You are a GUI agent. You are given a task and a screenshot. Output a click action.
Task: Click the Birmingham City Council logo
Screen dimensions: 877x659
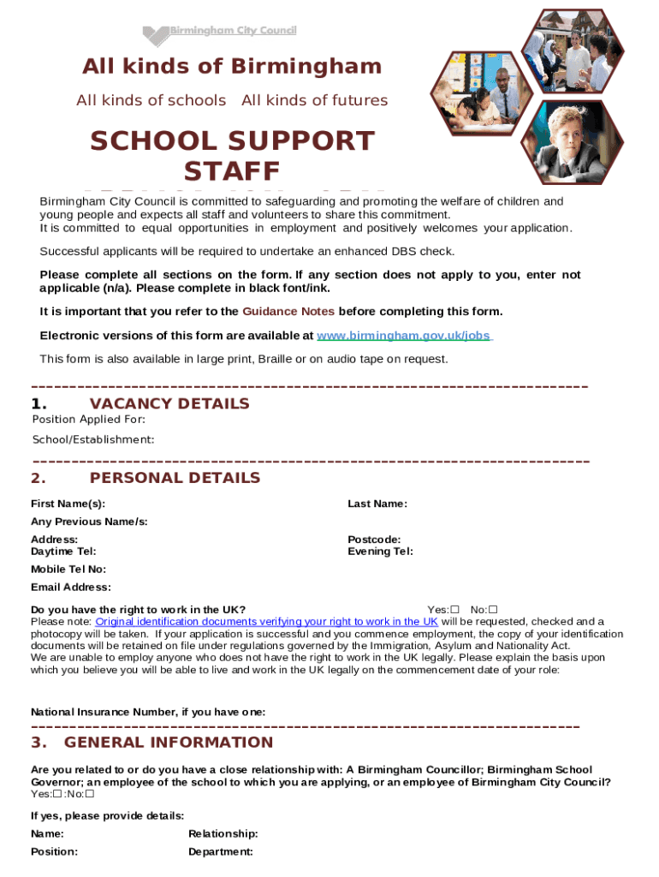click(x=219, y=33)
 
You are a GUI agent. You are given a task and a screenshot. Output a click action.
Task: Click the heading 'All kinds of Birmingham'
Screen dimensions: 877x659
click(x=232, y=67)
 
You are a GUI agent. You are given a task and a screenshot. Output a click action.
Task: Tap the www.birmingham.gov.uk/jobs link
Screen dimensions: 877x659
click(x=403, y=336)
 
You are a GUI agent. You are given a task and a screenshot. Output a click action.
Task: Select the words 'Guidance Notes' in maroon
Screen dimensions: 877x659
click(x=288, y=311)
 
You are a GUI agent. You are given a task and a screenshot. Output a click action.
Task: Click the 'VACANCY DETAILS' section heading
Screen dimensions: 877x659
click(x=169, y=403)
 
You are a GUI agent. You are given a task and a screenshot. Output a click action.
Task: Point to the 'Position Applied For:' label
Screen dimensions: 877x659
click(x=88, y=420)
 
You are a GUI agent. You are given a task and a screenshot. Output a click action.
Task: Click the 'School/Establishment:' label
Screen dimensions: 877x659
click(x=93, y=439)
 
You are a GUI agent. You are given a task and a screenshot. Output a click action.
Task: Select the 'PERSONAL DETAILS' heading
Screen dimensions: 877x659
click(x=175, y=478)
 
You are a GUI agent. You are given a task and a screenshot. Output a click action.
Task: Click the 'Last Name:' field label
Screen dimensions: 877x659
click(x=377, y=504)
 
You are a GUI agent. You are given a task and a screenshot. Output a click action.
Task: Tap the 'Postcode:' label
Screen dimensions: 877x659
click(x=373, y=540)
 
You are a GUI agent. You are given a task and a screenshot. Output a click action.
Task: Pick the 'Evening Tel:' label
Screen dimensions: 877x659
click(x=380, y=552)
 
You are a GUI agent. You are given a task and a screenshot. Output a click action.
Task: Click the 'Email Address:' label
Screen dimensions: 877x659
click(x=71, y=588)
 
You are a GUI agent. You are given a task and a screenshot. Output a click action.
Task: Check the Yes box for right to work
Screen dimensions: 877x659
click(x=454, y=610)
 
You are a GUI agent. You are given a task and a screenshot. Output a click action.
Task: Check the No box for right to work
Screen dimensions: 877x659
click(x=493, y=610)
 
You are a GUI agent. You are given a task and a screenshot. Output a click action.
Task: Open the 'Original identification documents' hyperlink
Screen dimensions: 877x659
click(x=266, y=622)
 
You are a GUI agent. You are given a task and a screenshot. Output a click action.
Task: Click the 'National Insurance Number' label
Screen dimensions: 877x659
click(x=148, y=712)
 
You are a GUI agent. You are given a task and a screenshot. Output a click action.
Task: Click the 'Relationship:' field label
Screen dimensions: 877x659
click(x=223, y=834)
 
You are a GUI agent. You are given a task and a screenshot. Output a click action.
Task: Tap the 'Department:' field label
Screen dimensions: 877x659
click(x=220, y=852)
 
